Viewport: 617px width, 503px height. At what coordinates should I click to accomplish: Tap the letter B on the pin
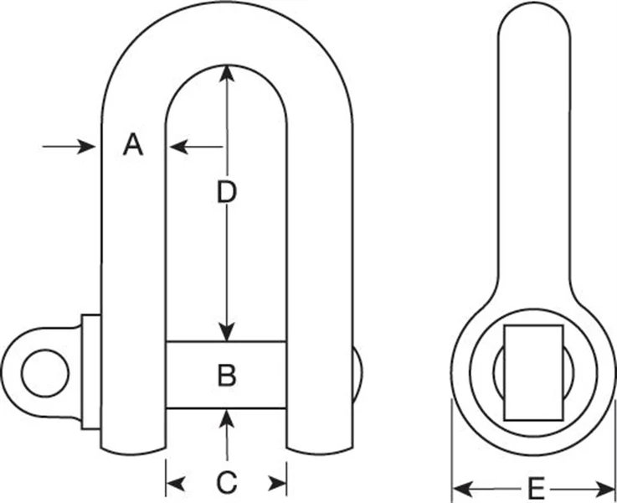click(226, 375)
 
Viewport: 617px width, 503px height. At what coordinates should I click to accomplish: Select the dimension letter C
click(226, 483)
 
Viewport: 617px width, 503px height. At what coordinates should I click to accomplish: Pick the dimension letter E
click(537, 486)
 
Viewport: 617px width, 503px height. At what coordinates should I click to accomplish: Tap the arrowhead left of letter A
click(86, 147)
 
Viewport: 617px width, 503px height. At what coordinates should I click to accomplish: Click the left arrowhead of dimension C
click(172, 483)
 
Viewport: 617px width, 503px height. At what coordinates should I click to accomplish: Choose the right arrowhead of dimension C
click(281, 483)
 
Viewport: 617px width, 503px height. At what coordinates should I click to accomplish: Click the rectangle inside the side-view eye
click(534, 371)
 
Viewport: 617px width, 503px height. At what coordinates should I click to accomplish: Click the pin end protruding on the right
click(357, 372)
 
